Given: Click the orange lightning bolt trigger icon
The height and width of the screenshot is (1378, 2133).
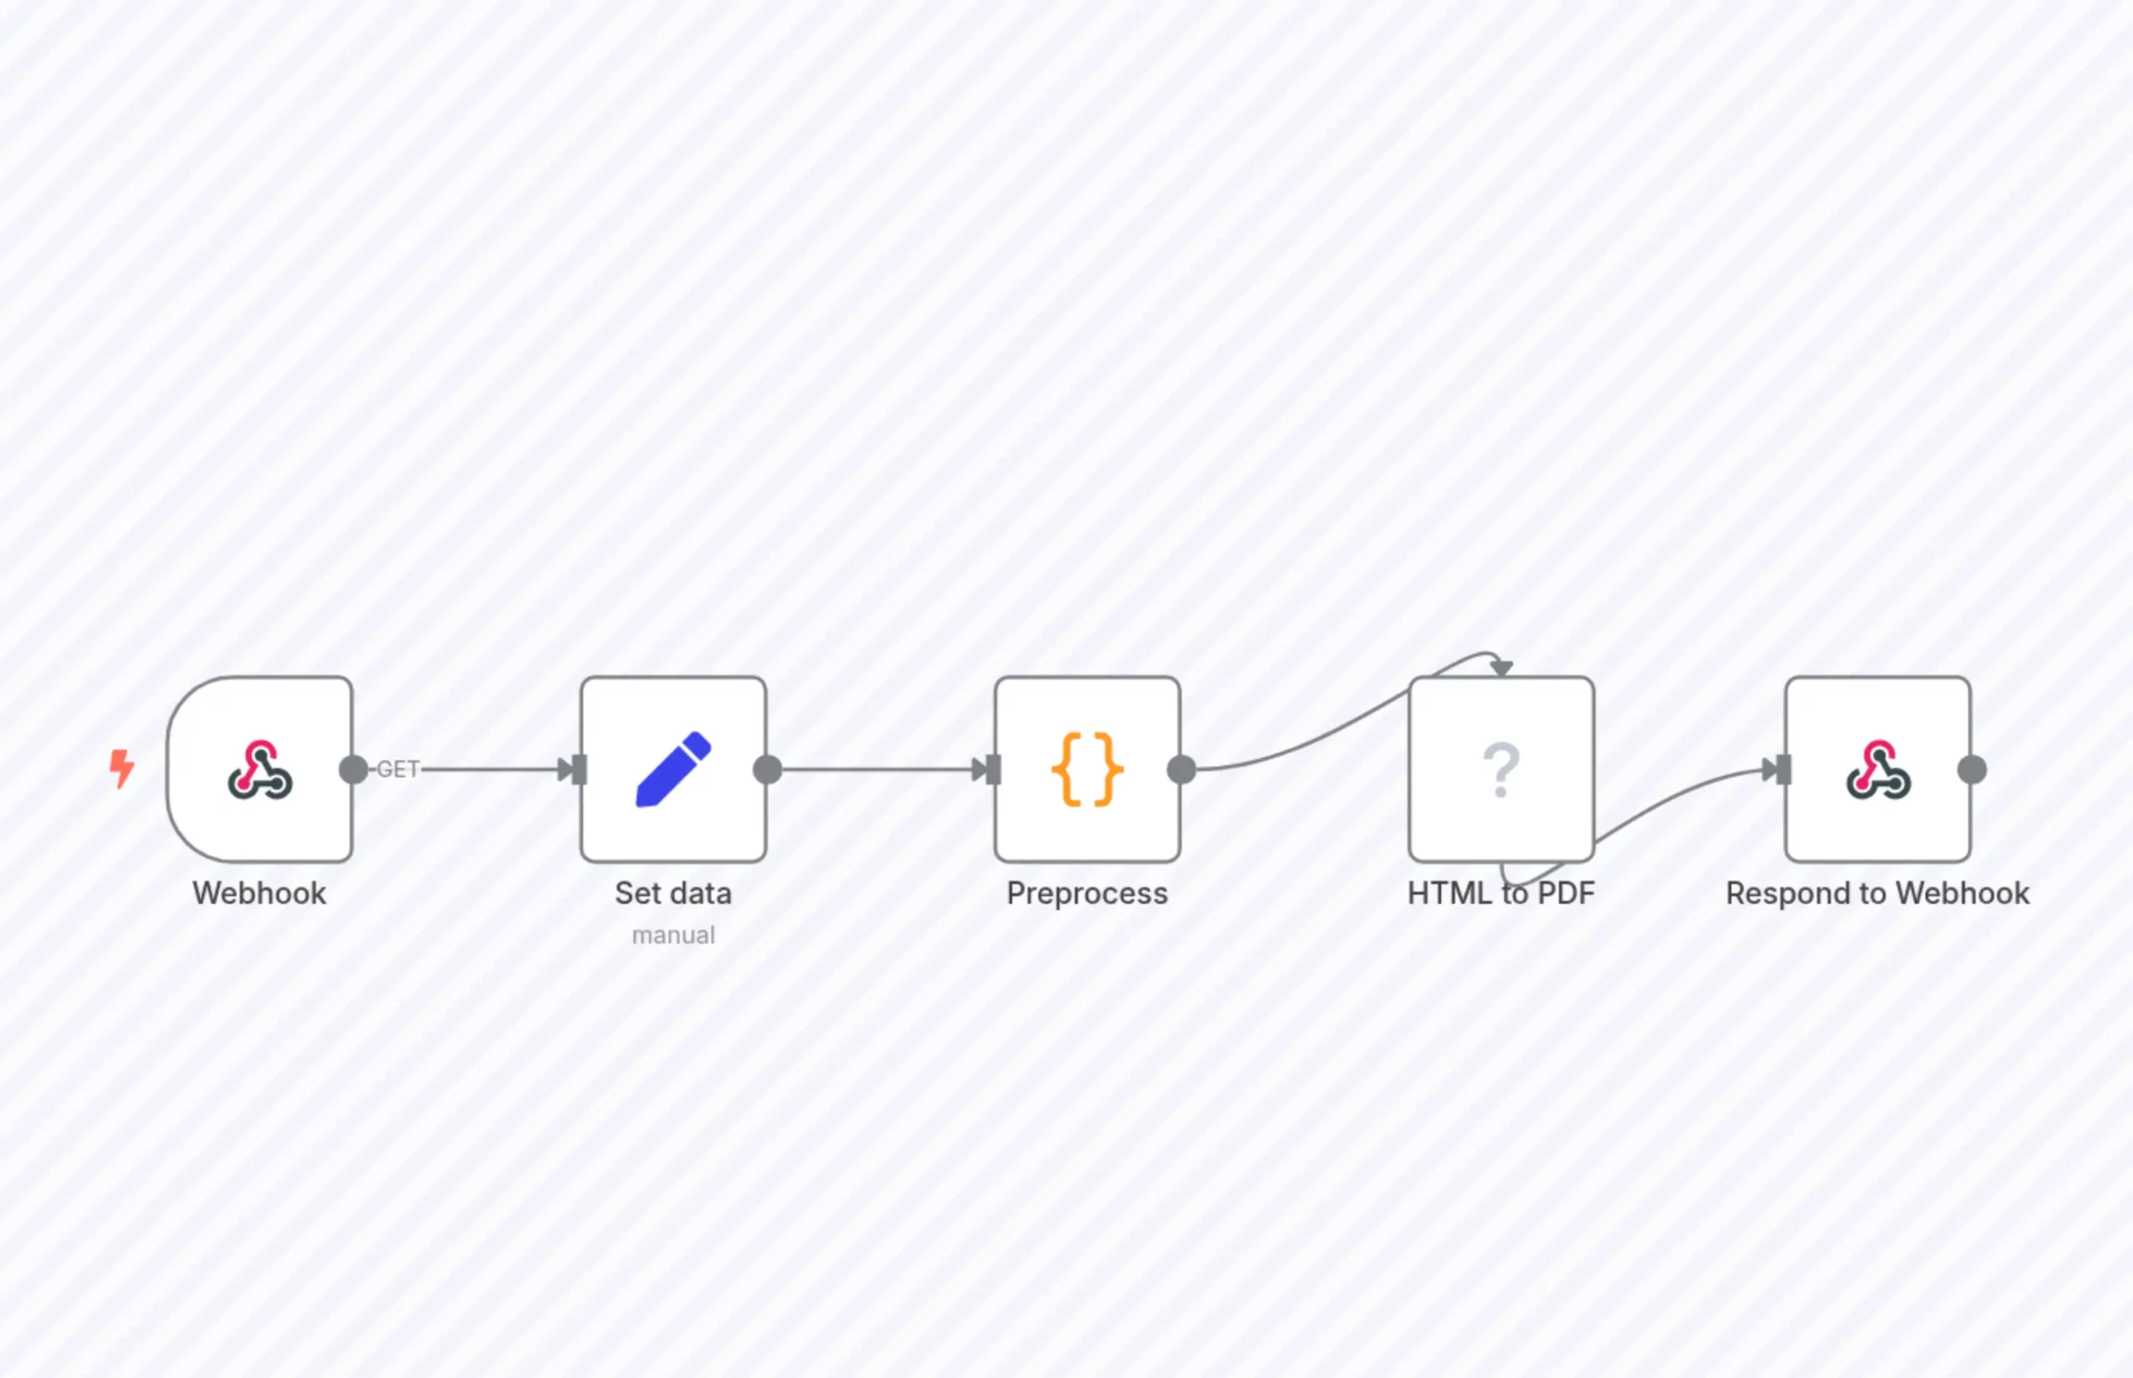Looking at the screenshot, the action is point(122,769).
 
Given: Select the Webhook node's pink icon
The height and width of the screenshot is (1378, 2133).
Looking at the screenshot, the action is point(259,769).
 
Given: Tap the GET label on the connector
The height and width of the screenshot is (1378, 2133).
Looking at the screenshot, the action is point(398,770).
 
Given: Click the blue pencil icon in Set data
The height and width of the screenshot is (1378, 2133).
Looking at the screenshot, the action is point(674,770).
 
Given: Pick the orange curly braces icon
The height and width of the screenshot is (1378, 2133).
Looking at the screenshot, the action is point(1087,770).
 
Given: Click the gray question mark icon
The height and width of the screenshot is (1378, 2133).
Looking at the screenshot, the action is point(1501,770).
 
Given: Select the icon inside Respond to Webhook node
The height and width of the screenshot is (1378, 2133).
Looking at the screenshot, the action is point(1878,769).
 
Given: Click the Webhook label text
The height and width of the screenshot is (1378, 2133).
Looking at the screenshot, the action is point(259,893).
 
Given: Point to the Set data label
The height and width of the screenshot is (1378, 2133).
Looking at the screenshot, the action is point(674,893).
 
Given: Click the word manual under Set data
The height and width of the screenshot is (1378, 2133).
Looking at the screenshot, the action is point(674,935).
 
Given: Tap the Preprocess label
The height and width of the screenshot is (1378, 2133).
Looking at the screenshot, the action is point(1087,894).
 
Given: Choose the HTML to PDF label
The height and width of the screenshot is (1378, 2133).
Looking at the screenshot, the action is point(1501,893).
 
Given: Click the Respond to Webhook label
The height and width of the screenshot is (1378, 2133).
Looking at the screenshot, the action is point(1878,894).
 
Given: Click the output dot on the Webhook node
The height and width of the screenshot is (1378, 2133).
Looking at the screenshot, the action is point(353,770).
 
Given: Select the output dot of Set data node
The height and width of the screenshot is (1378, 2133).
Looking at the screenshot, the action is point(767,770).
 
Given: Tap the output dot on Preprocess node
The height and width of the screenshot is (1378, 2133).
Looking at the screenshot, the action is point(1182,770).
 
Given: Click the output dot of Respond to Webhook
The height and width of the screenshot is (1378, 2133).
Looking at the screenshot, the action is point(1973,770).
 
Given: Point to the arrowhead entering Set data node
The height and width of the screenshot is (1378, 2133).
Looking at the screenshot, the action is point(567,770).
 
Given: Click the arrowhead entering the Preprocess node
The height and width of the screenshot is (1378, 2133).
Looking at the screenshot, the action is point(981,770).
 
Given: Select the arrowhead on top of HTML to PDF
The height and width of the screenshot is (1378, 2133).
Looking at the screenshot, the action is point(1502,668).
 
